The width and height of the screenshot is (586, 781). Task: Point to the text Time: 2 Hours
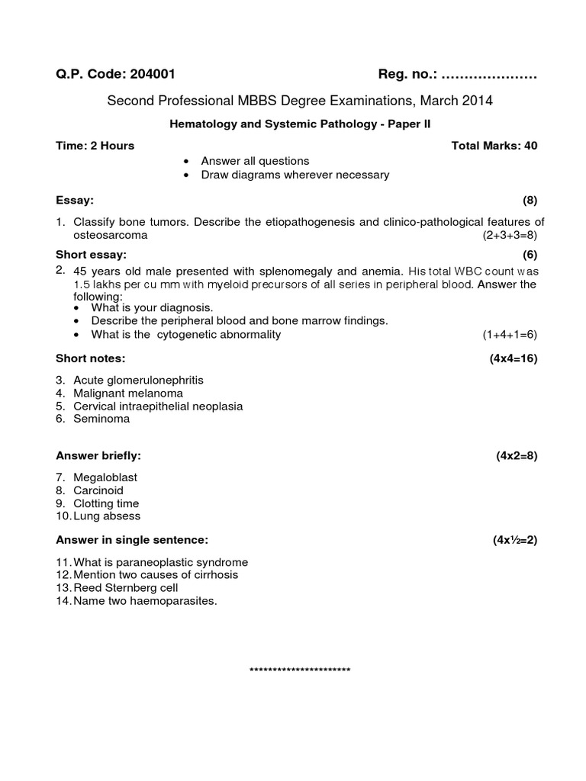tap(95, 146)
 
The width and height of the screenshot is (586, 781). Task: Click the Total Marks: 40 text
tap(494, 146)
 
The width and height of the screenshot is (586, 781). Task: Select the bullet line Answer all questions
tap(255, 161)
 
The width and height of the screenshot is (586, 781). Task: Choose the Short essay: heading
tap(92, 254)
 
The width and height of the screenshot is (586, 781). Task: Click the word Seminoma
tap(101, 419)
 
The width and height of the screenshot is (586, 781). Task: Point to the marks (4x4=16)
tap(514, 358)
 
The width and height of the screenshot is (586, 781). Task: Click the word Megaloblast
tap(105, 477)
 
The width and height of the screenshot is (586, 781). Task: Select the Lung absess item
tap(107, 516)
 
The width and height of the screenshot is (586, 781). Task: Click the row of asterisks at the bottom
tap(300, 670)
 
